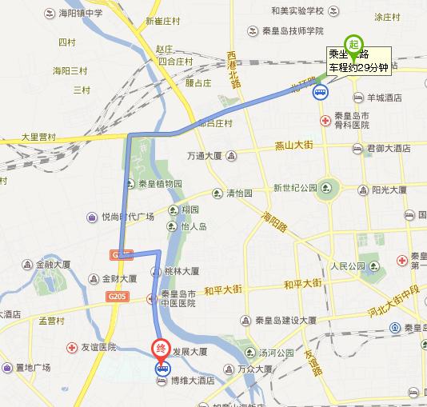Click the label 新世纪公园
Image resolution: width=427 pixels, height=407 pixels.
[x=296, y=188]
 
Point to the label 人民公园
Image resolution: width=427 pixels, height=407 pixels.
[x=347, y=265]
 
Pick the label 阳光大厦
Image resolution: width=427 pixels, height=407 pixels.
[x=389, y=190]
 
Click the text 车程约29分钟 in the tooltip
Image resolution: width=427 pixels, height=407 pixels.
[x=359, y=67]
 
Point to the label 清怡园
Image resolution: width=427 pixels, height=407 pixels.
[x=238, y=194]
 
